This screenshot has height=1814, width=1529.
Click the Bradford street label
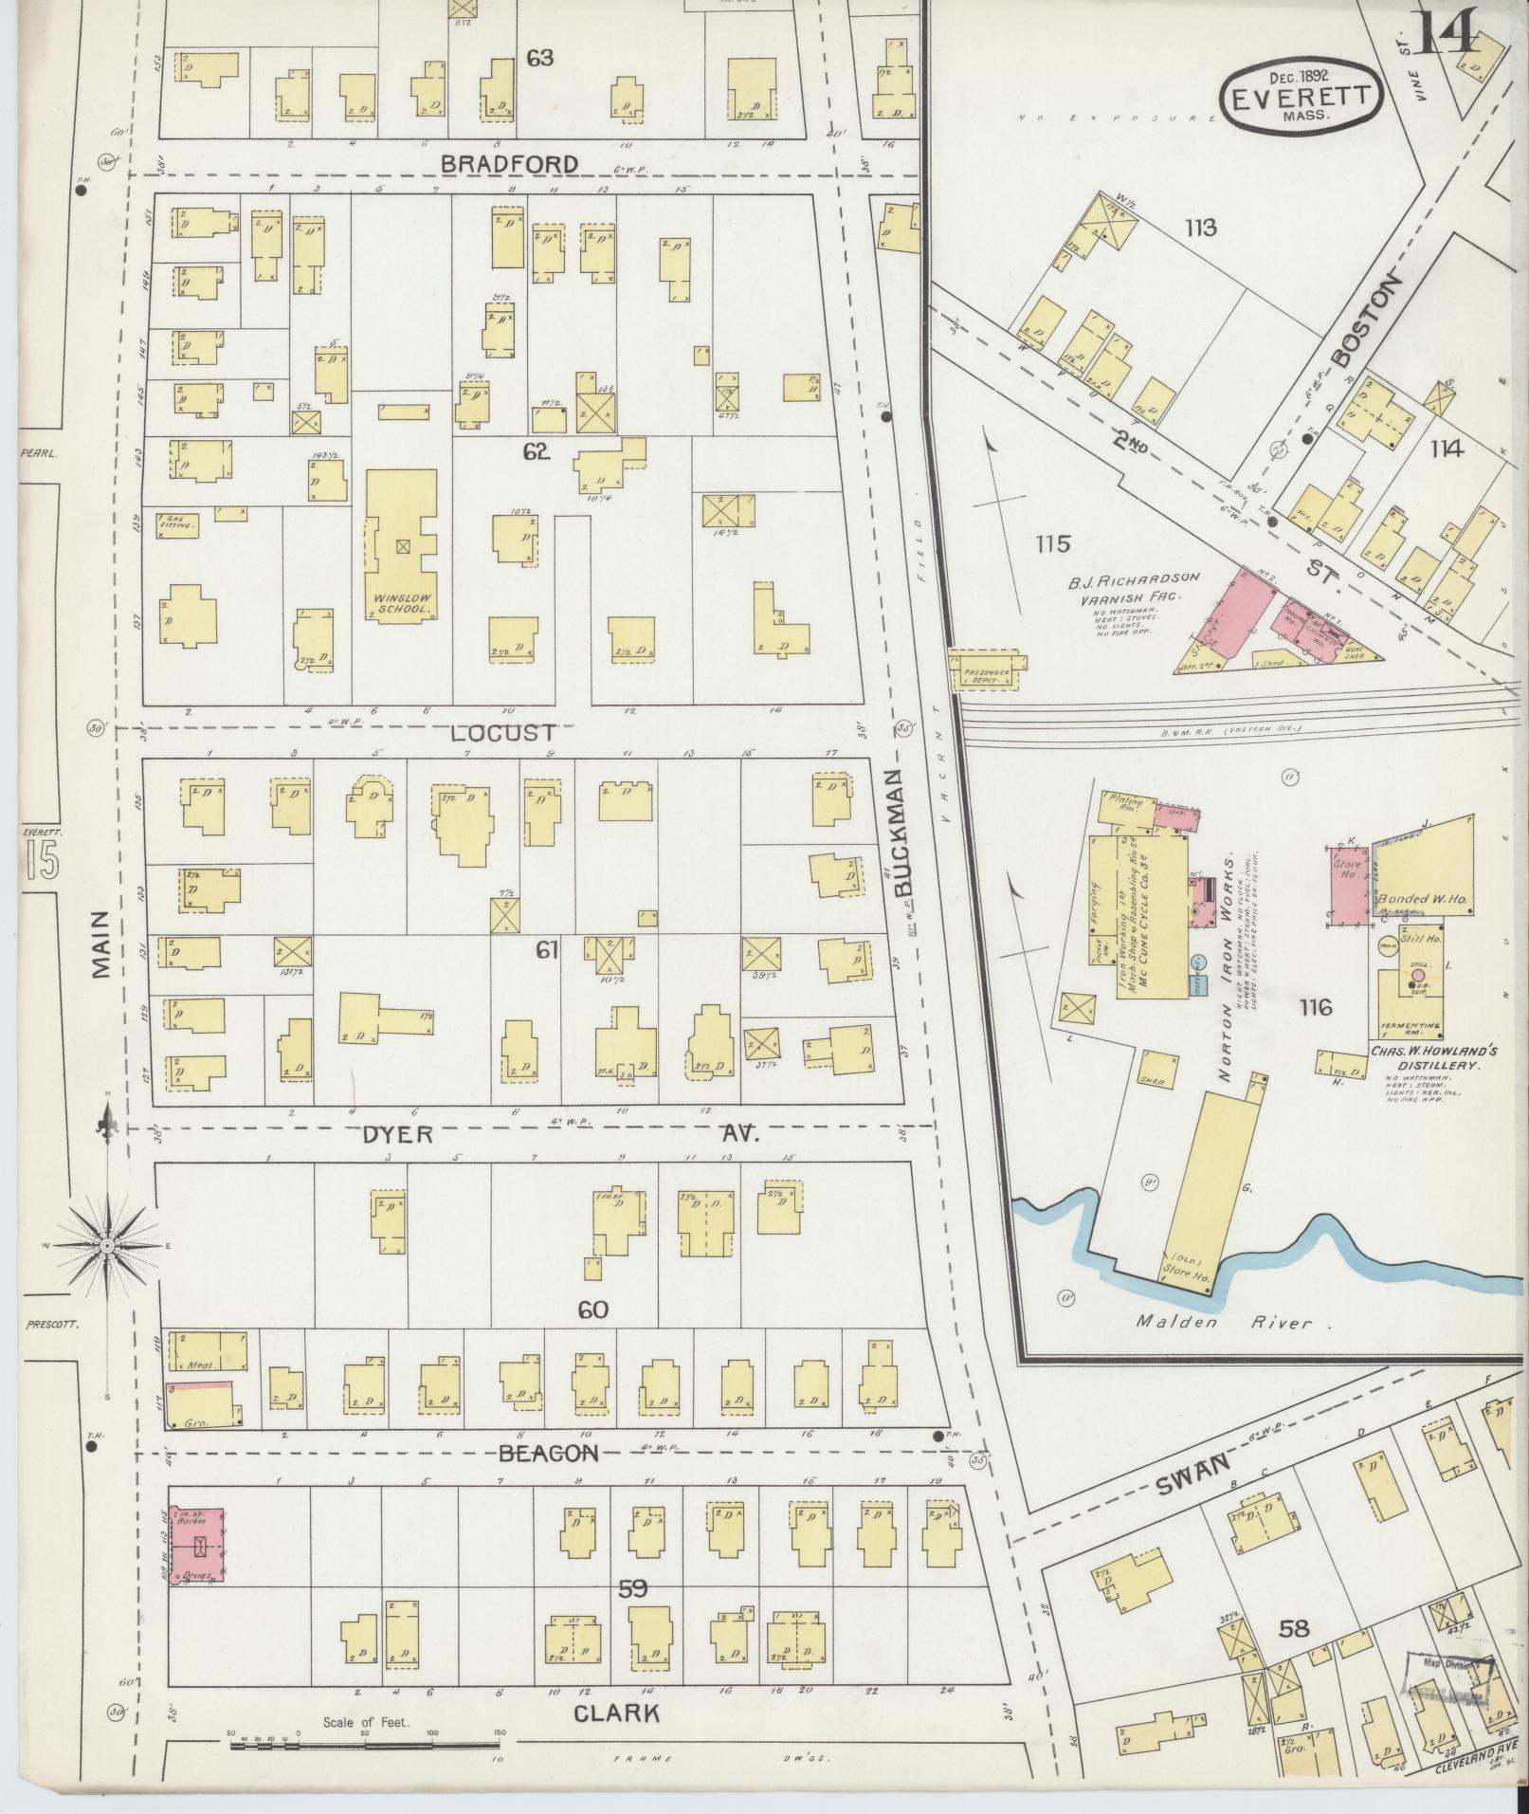pos(510,164)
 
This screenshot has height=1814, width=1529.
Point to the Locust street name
pos(502,733)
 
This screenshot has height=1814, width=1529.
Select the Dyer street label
pos(396,1134)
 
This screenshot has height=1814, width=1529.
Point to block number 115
pos(1052,544)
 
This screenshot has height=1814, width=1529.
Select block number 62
pos(537,452)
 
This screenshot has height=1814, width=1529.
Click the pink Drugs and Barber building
pos(195,1554)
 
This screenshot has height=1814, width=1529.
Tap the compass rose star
pos(107,1244)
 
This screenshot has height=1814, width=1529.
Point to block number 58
pos(1293,1629)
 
